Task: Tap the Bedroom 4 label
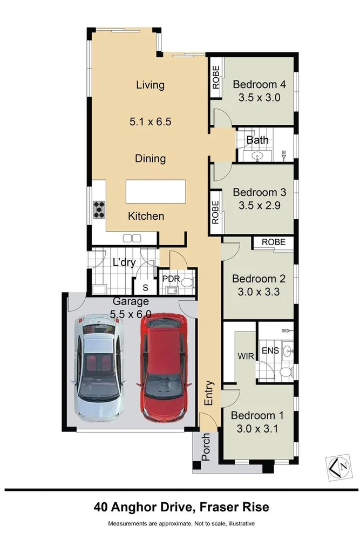pyautogui.click(x=259, y=84)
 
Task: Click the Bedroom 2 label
pyautogui.click(x=259, y=279)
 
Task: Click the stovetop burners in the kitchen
pyautogui.click(x=99, y=209)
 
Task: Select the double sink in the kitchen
pyautogui.click(x=132, y=238)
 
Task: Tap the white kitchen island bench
pyautogui.click(x=155, y=191)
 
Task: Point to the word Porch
pyautogui.click(x=205, y=447)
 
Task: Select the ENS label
pyautogui.click(x=270, y=350)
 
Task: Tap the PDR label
pyautogui.click(x=171, y=279)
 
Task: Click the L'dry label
pyautogui.click(x=124, y=263)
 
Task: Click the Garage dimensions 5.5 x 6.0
pyautogui.click(x=130, y=313)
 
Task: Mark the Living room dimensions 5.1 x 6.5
pyautogui.click(x=150, y=122)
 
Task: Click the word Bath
pyautogui.click(x=257, y=140)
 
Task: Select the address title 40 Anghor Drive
pyautogui.click(x=144, y=507)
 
